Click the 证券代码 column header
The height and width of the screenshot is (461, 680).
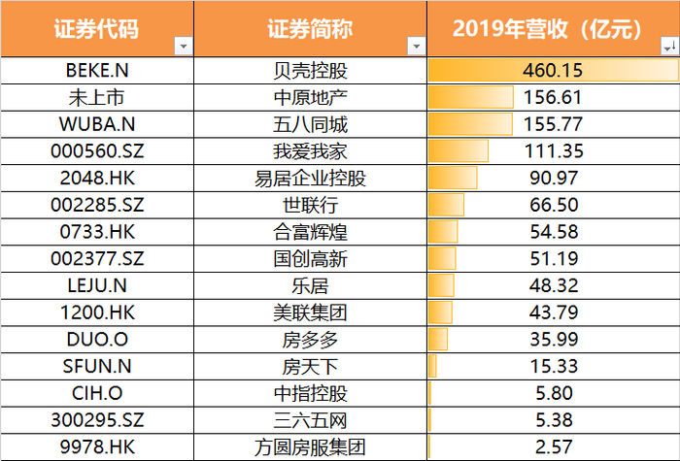coord(95,29)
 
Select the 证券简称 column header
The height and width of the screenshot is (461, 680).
coord(307,29)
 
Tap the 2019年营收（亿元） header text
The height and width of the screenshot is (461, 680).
coord(547,29)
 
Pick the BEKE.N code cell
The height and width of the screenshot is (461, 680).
coord(95,71)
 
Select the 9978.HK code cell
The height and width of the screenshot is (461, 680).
coord(95,446)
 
